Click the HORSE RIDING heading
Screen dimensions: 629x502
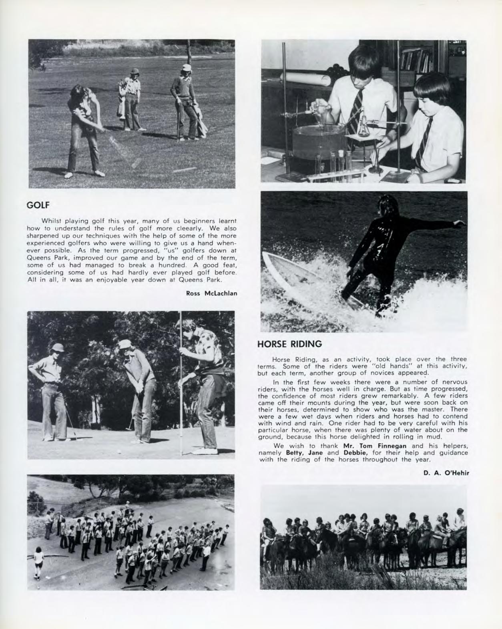tap(289, 344)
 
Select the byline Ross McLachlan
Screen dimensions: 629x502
tap(212, 293)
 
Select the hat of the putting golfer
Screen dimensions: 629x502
tap(125, 344)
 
